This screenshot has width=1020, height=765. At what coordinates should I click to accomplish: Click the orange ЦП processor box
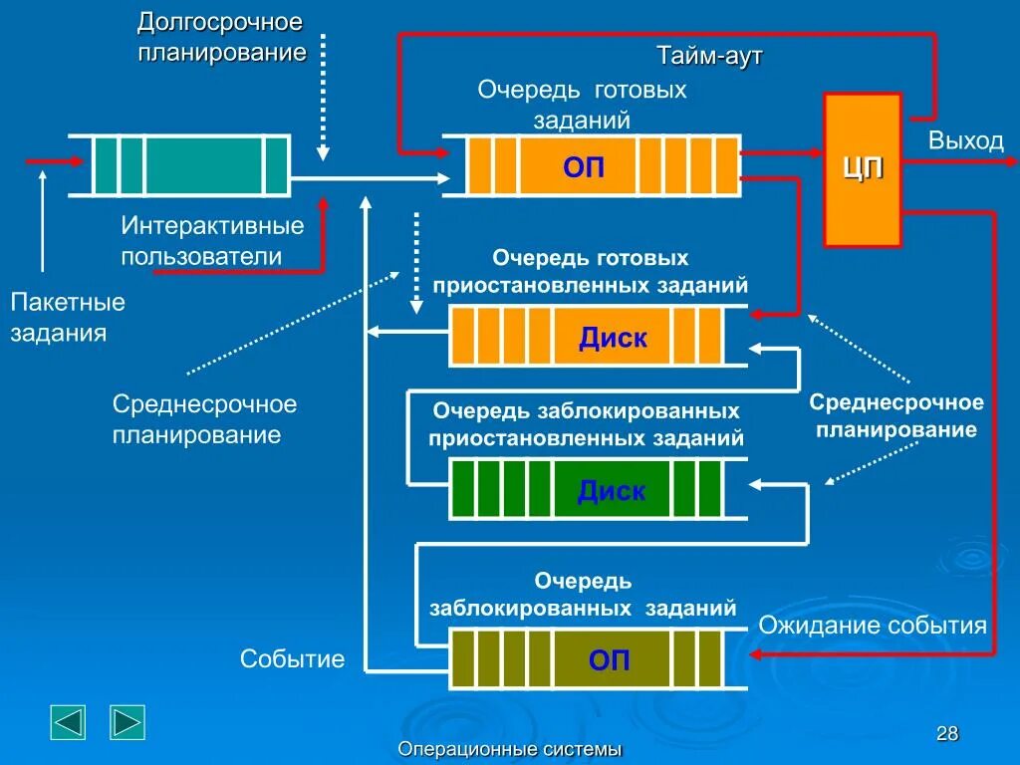pyautogui.click(x=863, y=170)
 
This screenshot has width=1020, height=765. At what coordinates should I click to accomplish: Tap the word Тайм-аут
pyautogui.click(x=709, y=57)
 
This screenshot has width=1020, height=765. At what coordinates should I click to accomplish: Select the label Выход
pyautogui.click(x=965, y=140)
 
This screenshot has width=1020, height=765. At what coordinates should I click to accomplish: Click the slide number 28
pyautogui.click(x=947, y=734)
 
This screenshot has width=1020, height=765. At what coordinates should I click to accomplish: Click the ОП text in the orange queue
pyautogui.click(x=584, y=166)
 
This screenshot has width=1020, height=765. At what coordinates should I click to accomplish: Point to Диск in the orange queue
pyautogui.click(x=613, y=339)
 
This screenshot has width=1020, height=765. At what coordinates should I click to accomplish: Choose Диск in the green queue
pyautogui.click(x=611, y=491)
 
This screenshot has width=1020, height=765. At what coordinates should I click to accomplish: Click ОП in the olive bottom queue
pyautogui.click(x=609, y=660)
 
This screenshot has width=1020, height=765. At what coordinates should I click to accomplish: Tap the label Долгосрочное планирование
pyautogui.click(x=221, y=37)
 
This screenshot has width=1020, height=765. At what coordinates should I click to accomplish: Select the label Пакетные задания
pyautogui.click(x=68, y=317)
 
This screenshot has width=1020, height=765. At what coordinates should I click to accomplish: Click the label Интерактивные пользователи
pyautogui.click(x=212, y=241)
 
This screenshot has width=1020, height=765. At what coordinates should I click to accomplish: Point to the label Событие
pyautogui.click(x=292, y=658)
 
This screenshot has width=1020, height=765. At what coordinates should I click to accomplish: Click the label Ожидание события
pyautogui.click(x=873, y=626)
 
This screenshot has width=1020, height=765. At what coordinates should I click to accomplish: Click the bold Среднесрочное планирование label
pyautogui.click(x=896, y=416)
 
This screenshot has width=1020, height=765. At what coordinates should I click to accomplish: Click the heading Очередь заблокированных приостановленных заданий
pyautogui.click(x=586, y=424)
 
